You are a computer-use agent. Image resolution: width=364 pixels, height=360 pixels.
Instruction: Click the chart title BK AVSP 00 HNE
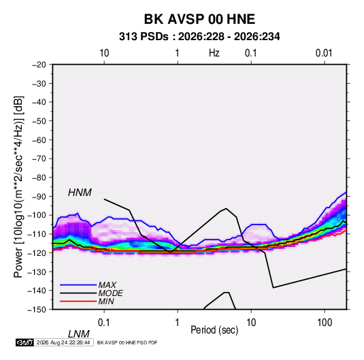[x=199, y=19]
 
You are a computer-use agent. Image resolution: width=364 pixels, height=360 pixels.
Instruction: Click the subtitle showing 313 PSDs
[x=199, y=37]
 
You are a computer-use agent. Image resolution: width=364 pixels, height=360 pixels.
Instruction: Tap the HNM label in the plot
[x=80, y=193]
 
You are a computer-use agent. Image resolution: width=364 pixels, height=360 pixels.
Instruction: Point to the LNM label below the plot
[x=79, y=334]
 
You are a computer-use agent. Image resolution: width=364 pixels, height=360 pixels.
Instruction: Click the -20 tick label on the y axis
[x=39, y=65]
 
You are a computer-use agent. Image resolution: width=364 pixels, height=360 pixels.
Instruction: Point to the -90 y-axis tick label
[x=39, y=196]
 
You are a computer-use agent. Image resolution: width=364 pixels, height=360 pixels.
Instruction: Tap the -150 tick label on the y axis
[x=37, y=310]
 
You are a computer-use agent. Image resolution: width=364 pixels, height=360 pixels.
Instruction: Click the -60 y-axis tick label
[x=39, y=140]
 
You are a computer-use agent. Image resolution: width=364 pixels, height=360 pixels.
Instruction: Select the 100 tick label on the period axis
[x=325, y=323]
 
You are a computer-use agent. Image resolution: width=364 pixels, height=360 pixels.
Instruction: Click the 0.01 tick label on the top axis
[x=324, y=53]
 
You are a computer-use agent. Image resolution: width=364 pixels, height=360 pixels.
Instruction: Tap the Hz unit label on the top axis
[x=214, y=53]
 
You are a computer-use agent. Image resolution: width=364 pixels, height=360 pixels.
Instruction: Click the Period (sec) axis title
[x=214, y=330]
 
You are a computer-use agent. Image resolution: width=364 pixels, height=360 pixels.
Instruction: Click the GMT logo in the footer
[x=24, y=342]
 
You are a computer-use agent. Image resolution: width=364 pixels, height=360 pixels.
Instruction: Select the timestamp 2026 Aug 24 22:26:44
[x=63, y=342]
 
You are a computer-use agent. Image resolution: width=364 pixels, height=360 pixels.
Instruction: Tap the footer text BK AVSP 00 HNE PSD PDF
[x=127, y=342]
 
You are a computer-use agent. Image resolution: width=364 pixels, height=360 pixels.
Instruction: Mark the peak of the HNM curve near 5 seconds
[x=226, y=208]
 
